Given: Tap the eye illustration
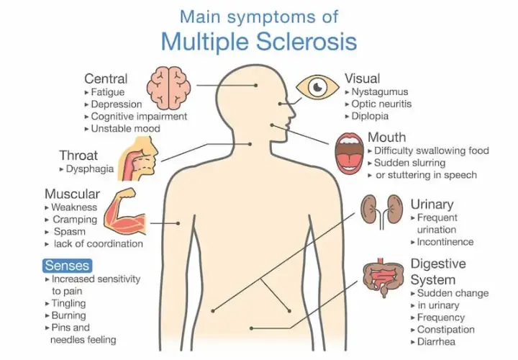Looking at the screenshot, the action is (x=317, y=87).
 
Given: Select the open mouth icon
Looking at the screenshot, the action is (x=349, y=153).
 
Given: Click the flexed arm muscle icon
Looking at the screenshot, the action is (x=125, y=212).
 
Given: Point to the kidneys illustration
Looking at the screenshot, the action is (x=381, y=211).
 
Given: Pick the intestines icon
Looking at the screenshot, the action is (x=383, y=277).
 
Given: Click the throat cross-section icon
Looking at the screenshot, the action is (x=138, y=159).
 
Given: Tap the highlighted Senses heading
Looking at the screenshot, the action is (x=68, y=266).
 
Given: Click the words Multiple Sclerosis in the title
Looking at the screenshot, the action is (x=259, y=41).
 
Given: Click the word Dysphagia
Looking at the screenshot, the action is (x=90, y=168).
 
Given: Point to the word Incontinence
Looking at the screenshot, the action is (x=445, y=242).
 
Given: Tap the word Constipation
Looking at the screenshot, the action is (x=446, y=329).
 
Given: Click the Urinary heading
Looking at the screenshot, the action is (x=432, y=204).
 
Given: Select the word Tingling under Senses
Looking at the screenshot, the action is (x=69, y=303).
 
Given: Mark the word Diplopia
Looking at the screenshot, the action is (x=370, y=116).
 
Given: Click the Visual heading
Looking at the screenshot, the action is (x=363, y=78).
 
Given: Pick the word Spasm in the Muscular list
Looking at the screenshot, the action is (x=69, y=231).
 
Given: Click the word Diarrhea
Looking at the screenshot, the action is (x=436, y=341).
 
